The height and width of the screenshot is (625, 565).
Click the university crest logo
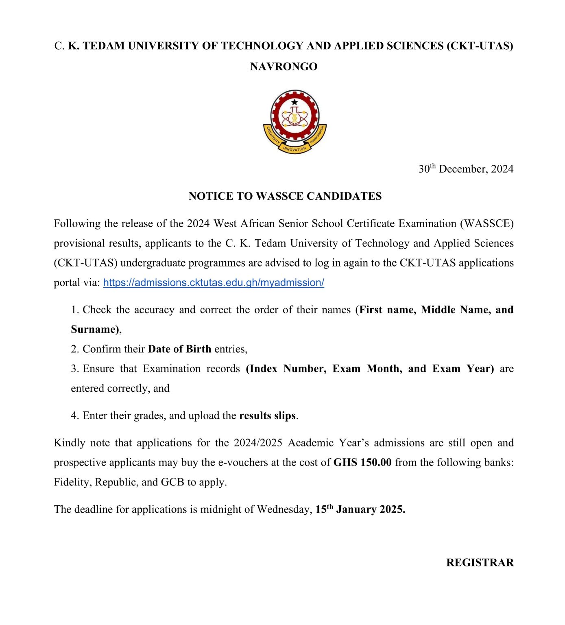point(295,121)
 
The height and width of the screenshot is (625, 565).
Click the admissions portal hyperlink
point(214,282)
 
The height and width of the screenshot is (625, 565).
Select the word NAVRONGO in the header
point(284,66)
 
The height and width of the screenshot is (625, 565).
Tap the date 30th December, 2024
point(466,169)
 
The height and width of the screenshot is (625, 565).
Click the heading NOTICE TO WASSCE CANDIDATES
point(285,196)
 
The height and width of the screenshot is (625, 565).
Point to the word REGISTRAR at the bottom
point(480,562)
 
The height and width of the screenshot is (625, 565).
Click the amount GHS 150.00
point(362,462)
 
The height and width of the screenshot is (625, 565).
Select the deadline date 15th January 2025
point(360,509)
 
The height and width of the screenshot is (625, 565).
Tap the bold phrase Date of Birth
point(179,349)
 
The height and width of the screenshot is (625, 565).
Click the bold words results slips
point(267,415)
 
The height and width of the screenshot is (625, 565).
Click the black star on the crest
point(294,102)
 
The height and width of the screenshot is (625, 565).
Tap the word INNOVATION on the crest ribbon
point(294,149)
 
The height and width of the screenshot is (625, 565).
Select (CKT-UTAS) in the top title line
point(480,46)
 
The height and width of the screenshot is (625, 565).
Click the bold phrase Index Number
point(286,369)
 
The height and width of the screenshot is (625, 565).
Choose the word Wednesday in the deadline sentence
point(284,509)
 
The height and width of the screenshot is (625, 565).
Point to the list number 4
point(74,415)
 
